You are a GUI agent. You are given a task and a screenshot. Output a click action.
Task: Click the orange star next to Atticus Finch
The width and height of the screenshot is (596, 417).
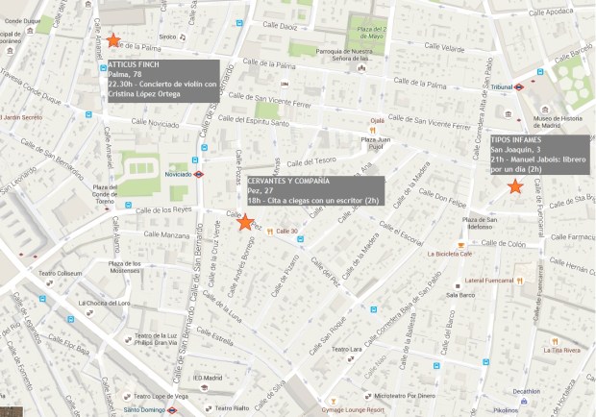pyautogui.click(x=113, y=40)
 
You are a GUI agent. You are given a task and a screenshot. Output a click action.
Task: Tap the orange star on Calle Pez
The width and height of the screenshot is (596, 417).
pyautogui.click(x=245, y=222)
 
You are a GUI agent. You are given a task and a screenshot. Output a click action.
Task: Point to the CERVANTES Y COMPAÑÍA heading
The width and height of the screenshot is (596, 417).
pyautogui.click(x=288, y=181)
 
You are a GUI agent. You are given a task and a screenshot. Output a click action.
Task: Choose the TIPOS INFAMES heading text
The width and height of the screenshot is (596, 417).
pyautogui.click(x=516, y=139)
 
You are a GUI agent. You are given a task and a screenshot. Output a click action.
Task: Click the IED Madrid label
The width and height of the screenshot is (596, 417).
pyautogui.click(x=207, y=378)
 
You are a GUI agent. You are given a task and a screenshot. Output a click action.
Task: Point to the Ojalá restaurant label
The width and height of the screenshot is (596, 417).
pyautogui.click(x=378, y=121)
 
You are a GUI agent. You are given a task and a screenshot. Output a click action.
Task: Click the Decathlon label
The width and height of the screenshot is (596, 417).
pyautogui.click(x=527, y=391)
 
